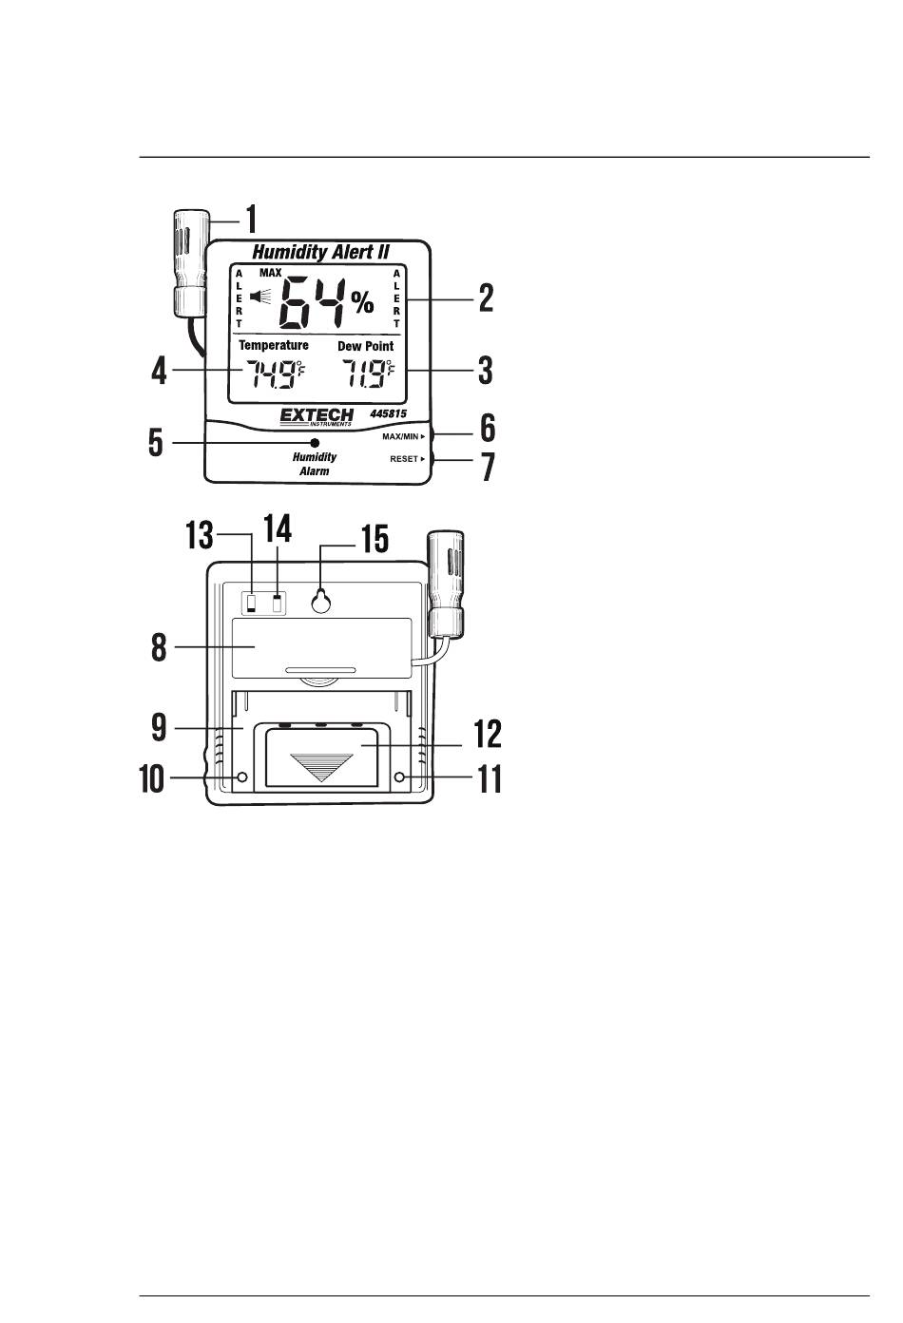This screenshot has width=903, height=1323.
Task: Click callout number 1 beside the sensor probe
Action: pos(252,220)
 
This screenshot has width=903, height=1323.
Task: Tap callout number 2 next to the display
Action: pos(486,298)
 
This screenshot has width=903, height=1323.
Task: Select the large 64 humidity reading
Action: pos(312,303)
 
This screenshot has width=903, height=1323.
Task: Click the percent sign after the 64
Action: pos(362,302)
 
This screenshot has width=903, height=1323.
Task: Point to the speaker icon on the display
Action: pos(260,297)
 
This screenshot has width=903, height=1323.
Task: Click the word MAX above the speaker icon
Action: pos(271,273)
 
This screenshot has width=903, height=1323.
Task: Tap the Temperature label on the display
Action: pos(274,345)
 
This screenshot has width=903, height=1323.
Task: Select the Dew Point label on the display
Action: pos(366,346)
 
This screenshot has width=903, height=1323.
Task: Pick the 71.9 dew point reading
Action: pos(367,374)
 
